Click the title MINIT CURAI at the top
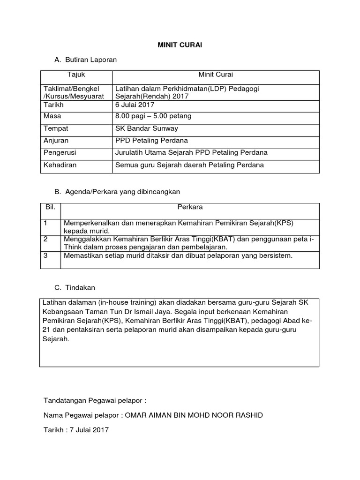click(180, 45)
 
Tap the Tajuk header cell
click(76, 75)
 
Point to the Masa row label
click(52, 116)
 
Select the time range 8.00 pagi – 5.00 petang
click(153, 116)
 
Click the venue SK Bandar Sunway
click(146, 128)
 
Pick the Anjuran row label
click(56, 140)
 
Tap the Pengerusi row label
click(60, 152)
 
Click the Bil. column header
click(50, 207)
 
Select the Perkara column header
click(190, 207)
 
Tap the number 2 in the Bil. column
click(46, 239)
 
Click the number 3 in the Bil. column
click(46, 255)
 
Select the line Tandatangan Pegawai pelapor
click(95, 401)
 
